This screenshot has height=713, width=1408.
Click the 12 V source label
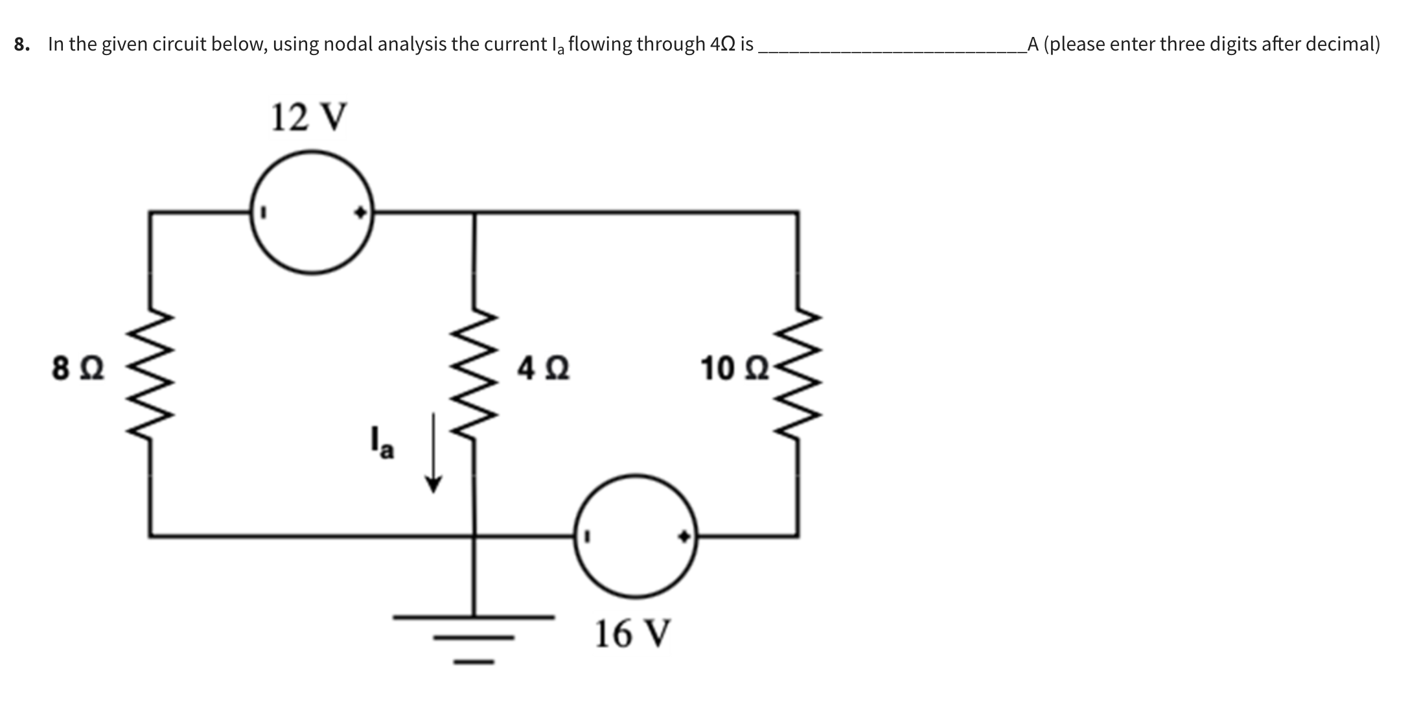[x=309, y=117]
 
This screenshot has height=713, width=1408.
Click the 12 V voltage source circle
[x=312, y=212]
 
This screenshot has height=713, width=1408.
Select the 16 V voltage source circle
[x=636, y=536]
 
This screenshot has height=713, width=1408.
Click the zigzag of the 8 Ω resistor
[x=151, y=374]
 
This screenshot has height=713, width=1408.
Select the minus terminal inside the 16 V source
[x=588, y=536]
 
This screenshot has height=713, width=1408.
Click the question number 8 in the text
[x=21, y=44]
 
